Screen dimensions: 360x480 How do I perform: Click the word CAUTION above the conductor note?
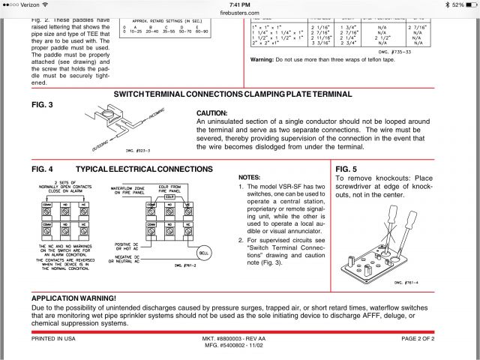pyautogui.click(x=212, y=112)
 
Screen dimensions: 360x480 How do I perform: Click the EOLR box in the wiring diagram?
pyautogui.click(x=190, y=196)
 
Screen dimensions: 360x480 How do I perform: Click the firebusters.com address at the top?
pyautogui.click(x=239, y=12)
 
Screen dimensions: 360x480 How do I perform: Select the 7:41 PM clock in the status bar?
pyautogui.click(x=239, y=4)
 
